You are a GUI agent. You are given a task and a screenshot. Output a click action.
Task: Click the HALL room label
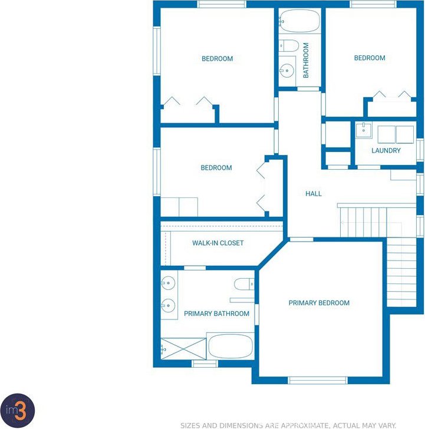(x=314, y=194)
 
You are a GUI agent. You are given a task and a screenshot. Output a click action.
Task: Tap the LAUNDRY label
(x=386, y=150)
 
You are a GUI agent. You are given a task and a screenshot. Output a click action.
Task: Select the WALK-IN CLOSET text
(x=218, y=243)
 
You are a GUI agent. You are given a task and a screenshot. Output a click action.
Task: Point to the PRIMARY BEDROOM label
(x=319, y=303)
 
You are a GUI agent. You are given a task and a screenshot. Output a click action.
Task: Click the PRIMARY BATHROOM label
(x=216, y=313)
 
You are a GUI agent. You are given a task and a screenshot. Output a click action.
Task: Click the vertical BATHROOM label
(x=306, y=60)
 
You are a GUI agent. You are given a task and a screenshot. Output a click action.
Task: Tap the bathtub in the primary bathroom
(x=230, y=346)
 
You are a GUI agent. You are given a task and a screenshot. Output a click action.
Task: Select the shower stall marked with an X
(x=183, y=349)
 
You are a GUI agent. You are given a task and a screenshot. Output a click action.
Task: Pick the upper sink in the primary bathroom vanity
(x=168, y=283)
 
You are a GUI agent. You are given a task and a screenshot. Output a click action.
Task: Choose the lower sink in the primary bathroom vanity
(x=168, y=305)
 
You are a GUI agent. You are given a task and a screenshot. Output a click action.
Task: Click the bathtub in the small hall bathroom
(x=299, y=21)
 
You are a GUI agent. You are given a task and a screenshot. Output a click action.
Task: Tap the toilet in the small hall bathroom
(x=289, y=45)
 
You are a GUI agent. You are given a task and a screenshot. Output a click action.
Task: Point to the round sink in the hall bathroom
(x=287, y=71)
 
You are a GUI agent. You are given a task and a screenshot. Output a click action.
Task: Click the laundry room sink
(x=364, y=130)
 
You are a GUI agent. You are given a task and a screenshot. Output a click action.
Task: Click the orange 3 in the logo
(x=20, y=410)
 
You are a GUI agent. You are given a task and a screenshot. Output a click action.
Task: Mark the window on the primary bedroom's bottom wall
(x=318, y=380)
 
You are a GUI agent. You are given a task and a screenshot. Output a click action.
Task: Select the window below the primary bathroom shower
(x=205, y=364)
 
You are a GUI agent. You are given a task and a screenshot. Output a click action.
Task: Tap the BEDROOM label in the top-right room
(x=370, y=58)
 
